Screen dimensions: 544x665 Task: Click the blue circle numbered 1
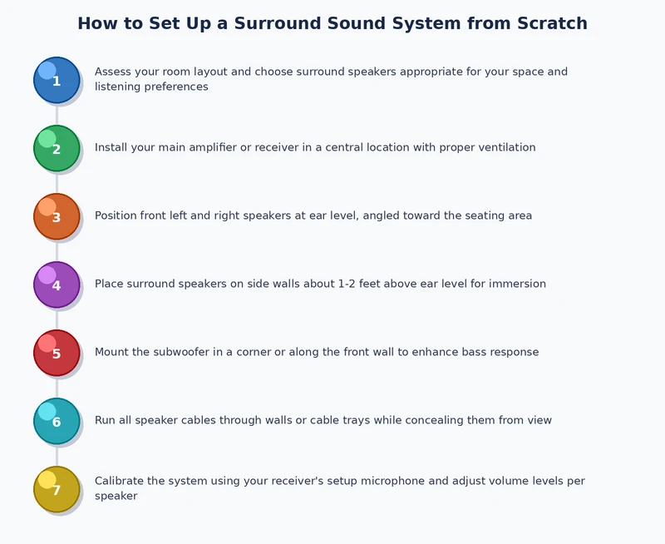[x=57, y=80]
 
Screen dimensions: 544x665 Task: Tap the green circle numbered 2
[x=57, y=148]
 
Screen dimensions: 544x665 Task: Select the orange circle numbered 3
[x=57, y=216]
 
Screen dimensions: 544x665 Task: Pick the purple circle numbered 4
[x=57, y=284]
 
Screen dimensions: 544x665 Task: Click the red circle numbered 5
[x=57, y=353]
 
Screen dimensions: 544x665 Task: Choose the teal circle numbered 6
[x=57, y=421]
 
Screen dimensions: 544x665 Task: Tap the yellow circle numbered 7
[x=57, y=489]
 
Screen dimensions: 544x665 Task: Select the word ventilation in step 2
[x=505, y=147]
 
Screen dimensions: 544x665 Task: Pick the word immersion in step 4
[x=518, y=284]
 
